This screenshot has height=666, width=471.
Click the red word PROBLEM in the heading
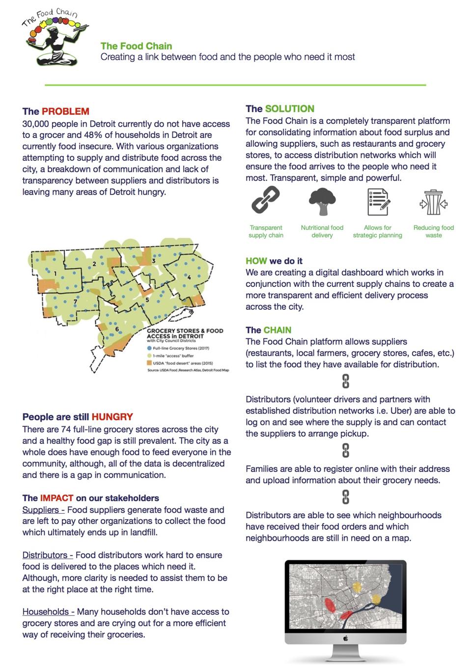coord(65,111)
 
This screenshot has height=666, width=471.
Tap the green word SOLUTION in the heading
coord(290,109)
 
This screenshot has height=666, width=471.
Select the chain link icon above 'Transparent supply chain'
coord(265,201)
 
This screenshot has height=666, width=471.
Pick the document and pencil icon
coord(378,202)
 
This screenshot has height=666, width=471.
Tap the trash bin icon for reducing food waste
coord(433,202)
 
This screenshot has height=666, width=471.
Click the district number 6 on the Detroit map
coord(116,329)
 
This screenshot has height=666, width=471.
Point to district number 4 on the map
coord(189,277)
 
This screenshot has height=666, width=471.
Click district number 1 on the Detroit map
coord(55,273)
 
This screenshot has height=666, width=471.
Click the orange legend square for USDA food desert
coord(149,363)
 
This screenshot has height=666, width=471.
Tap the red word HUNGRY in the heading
coord(112,417)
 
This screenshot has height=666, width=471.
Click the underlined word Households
coord(46,611)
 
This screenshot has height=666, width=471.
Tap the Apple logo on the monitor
coord(345,638)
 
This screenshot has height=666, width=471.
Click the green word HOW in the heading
coord(256,261)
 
